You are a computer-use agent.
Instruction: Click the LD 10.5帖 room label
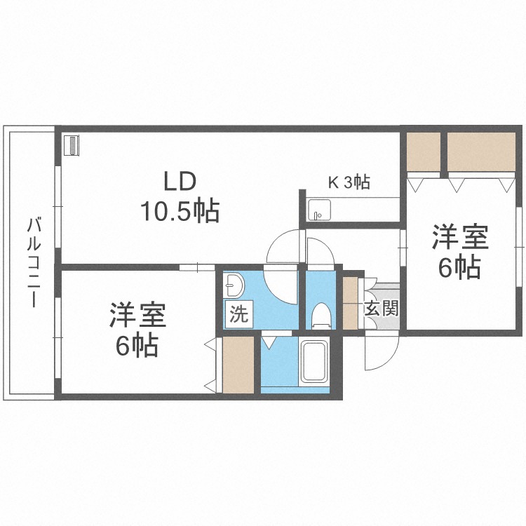(181, 196)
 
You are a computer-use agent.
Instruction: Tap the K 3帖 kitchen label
(349, 182)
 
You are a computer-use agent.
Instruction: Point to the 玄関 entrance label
(382, 309)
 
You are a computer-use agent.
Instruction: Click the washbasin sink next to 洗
(234, 285)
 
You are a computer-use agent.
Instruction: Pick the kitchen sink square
(318, 210)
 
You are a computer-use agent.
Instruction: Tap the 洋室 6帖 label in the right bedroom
(460, 252)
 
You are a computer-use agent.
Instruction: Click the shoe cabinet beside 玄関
(350, 303)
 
